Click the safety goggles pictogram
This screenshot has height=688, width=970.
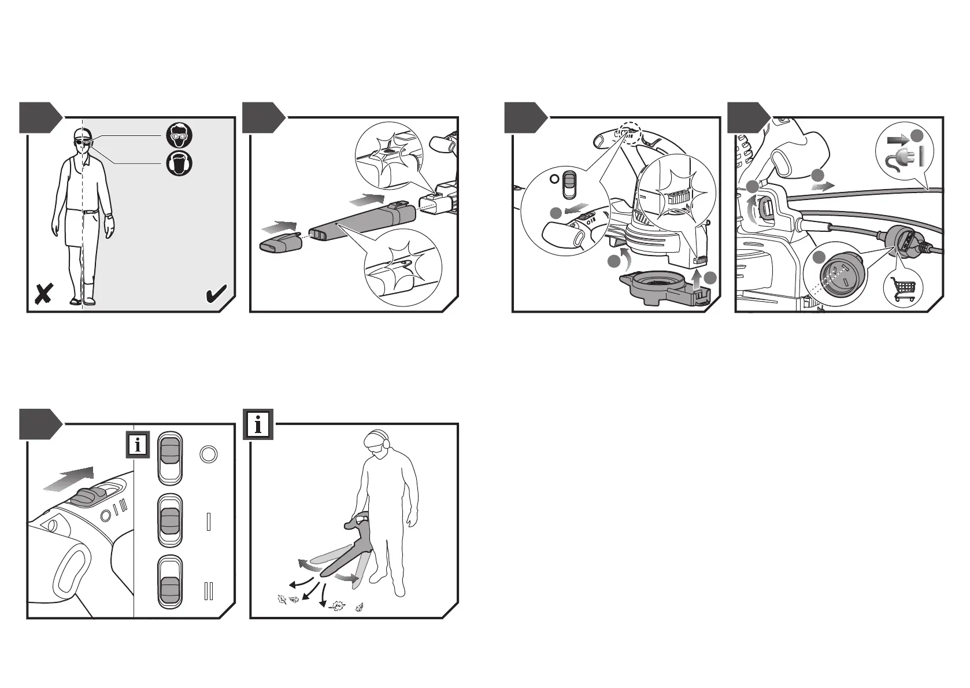[179, 135]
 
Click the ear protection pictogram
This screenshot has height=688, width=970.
[179, 163]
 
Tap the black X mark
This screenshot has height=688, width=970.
[43, 294]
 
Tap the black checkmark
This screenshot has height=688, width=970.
[216, 295]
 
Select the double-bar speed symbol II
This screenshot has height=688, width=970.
[209, 591]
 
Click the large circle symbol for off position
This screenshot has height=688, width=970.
[208, 454]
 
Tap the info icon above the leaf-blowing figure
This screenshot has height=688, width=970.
[258, 425]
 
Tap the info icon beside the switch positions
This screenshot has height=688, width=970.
[138, 445]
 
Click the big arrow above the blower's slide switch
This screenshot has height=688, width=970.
[68, 480]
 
